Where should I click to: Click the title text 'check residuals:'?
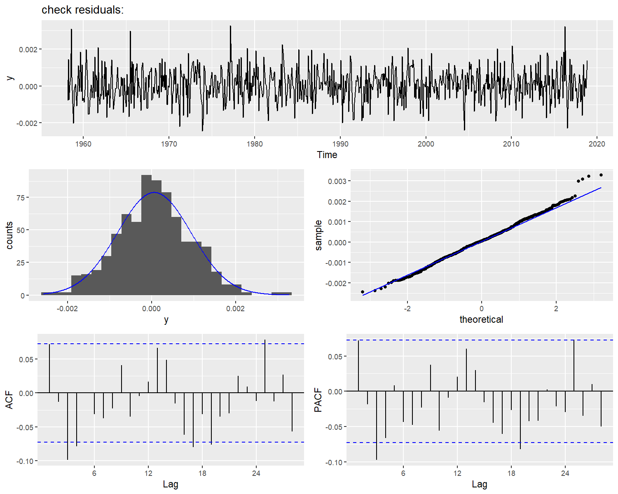(x=82, y=10)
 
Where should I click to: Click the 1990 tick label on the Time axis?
(x=340, y=144)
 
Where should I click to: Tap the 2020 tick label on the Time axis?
(x=597, y=144)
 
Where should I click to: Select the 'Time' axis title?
(x=327, y=155)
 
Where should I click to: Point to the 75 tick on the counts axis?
(x=19, y=198)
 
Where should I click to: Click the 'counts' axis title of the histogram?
(x=9, y=235)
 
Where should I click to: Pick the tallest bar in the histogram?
(x=146, y=235)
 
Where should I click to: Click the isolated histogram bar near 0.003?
(x=281, y=294)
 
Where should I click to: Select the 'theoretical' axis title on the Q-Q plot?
(x=481, y=319)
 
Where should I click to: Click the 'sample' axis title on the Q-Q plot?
(x=318, y=235)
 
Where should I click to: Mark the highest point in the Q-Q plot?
(x=601, y=175)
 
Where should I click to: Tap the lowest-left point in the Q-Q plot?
(x=363, y=292)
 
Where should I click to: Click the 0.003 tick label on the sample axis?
(x=337, y=181)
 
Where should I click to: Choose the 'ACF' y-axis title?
(x=9, y=400)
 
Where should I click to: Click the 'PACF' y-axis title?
(x=318, y=400)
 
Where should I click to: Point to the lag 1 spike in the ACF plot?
(x=49, y=368)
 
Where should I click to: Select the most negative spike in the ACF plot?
(x=68, y=426)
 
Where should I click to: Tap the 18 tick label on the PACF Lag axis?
(x=511, y=473)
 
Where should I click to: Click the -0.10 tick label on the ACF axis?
(x=24, y=461)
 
